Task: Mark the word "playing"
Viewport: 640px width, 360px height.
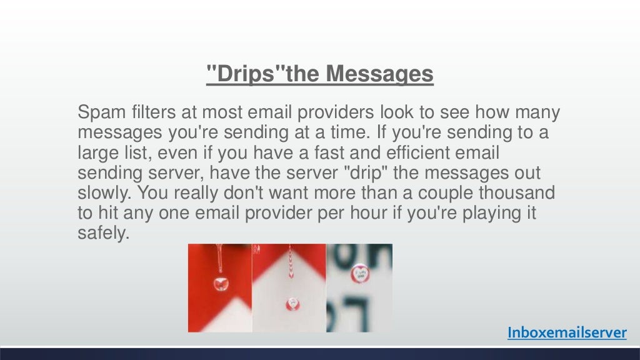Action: pyautogui.click(x=487, y=214)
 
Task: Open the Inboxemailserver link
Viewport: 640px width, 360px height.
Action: pyautogui.click(x=566, y=333)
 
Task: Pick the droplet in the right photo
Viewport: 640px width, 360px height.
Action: pyautogui.click(x=359, y=272)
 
